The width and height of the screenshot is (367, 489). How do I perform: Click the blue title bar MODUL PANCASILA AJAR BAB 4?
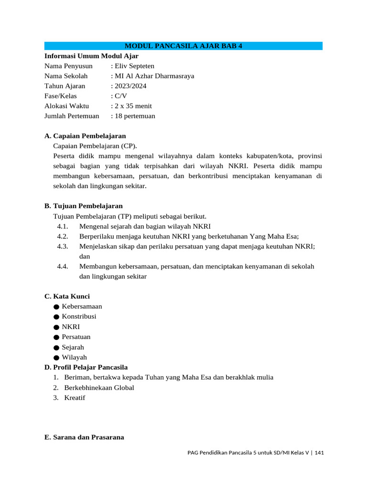point(183,46)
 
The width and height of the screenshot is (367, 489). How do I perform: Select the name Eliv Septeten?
point(134,66)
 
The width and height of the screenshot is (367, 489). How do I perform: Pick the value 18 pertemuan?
point(135,116)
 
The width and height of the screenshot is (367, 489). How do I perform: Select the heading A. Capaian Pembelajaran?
point(85,136)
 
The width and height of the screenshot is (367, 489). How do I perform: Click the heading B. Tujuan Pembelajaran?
point(84,206)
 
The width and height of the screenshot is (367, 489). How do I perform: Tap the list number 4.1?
point(63,226)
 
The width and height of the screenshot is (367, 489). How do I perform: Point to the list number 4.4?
point(63,266)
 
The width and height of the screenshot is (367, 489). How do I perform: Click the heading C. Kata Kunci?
point(67,297)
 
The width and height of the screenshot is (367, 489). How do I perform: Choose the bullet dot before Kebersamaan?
point(57,307)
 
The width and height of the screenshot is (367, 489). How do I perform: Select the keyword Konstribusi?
point(79,317)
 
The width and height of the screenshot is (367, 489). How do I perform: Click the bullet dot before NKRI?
point(57,327)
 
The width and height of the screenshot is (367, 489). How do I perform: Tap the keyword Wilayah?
point(75,357)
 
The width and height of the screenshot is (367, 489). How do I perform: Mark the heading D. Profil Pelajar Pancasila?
point(86,367)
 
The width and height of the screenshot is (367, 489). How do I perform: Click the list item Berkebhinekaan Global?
point(99,388)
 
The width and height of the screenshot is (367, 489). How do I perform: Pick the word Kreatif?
point(75,398)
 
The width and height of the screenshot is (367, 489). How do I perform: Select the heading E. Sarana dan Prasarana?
point(84,437)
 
